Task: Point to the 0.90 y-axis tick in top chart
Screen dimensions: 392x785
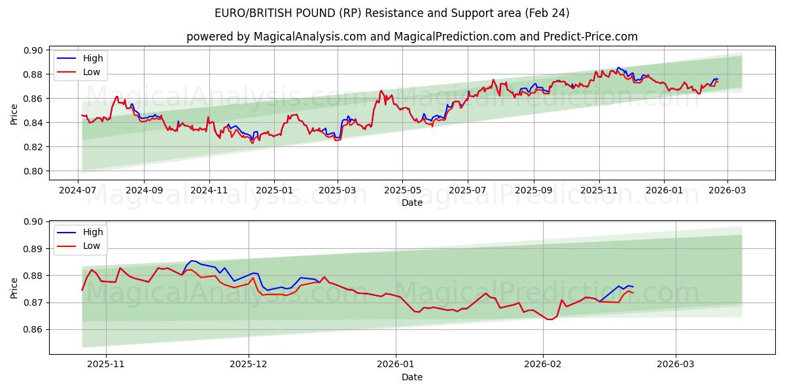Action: pos(34,50)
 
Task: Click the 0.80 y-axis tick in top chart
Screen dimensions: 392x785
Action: pos(34,171)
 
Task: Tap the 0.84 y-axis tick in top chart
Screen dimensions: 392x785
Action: pos(34,123)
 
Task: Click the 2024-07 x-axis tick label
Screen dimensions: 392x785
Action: pos(78,189)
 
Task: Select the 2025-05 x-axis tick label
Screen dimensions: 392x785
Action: pos(402,189)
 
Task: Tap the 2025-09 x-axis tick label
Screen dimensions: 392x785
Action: pos(534,189)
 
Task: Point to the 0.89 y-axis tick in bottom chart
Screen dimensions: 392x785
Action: pos(34,249)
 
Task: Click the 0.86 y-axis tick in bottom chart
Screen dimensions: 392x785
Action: pos(34,330)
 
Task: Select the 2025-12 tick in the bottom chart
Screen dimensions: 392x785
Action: pos(249,364)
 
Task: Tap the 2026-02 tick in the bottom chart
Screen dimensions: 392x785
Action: pos(544,364)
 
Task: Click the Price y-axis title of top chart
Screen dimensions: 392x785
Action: pos(14,114)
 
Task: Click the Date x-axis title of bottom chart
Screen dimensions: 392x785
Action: pos(412,377)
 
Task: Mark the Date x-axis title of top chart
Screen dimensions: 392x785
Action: pos(412,203)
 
